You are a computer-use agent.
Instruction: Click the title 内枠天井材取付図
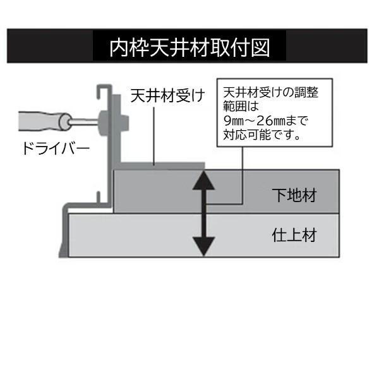[x=189, y=46]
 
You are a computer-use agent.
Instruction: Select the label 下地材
[x=294, y=195]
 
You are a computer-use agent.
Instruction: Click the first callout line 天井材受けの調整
[x=271, y=93]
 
